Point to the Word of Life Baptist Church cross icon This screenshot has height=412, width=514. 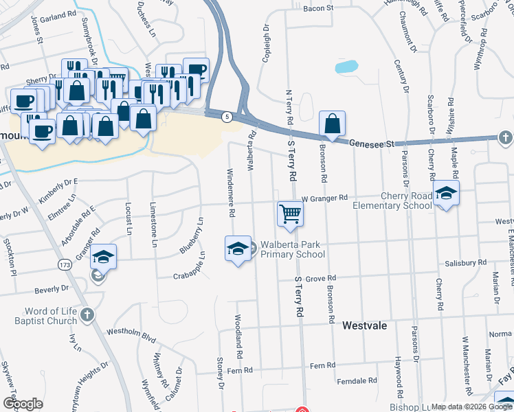point(87,314)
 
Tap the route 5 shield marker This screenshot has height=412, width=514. point(225,117)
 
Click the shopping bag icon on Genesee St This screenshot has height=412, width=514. point(332,125)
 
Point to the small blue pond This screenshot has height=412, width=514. point(346,67)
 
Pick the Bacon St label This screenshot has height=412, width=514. point(318,8)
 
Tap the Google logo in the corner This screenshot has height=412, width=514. point(23,403)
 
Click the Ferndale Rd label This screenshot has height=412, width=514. point(357,380)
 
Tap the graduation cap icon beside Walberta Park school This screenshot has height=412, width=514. point(237,248)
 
